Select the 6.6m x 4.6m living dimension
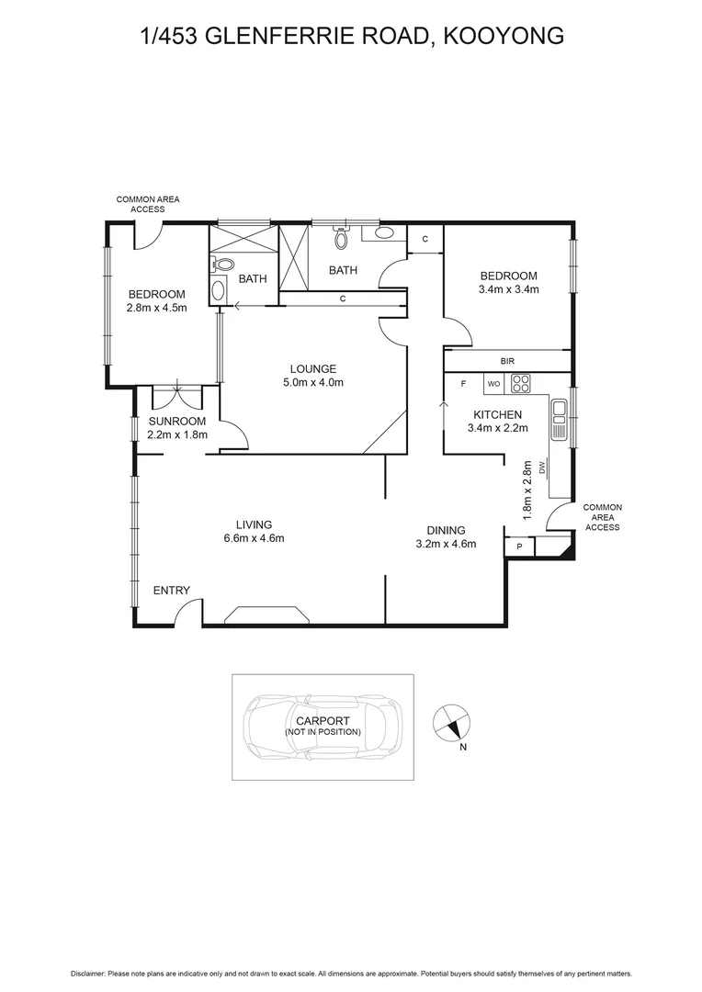[255, 538]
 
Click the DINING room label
[446, 530]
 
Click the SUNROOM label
[177, 422]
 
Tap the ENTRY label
[171, 591]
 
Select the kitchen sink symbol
[558, 420]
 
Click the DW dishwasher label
[543, 468]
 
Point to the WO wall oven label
[493, 383]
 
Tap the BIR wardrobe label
[507, 362]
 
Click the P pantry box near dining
[519, 547]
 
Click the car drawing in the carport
[322, 727]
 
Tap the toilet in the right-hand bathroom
[342, 240]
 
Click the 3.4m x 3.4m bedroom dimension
[508, 289]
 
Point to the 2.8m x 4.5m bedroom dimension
[156, 308]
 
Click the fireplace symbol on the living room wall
[269, 615]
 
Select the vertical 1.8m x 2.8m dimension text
[527, 490]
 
